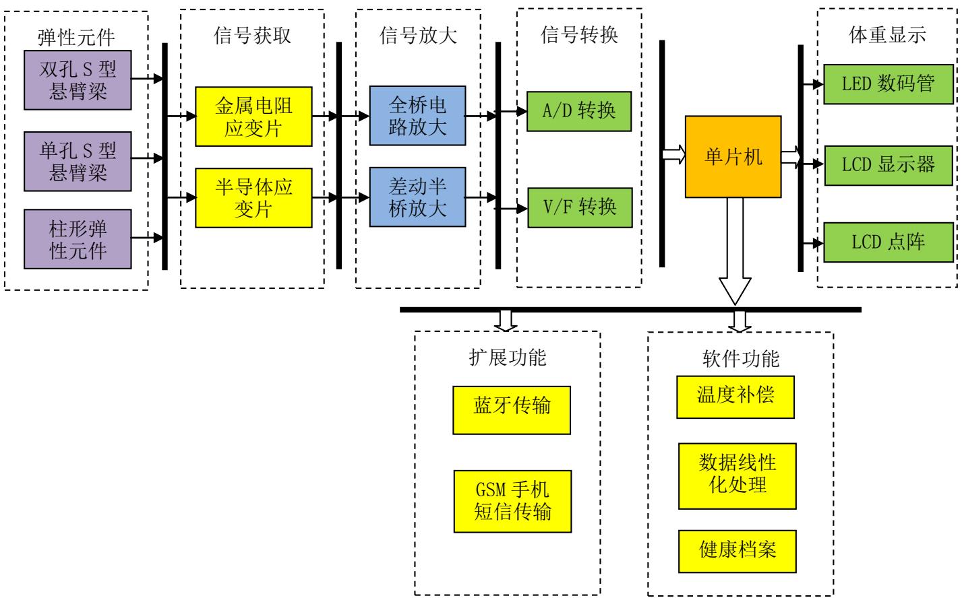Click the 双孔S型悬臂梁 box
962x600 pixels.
click(x=78, y=79)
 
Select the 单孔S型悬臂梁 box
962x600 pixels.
click(x=78, y=161)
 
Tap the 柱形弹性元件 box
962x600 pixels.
click(x=78, y=239)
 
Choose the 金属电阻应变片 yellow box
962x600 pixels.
click(x=253, y=116)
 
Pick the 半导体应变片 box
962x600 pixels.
click(x=253, y=198)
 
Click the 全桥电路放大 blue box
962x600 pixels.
click(x=417, y=115)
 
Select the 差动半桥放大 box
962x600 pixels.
click(x=417, y=196)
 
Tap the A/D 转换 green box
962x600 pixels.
click(x=578, y=110)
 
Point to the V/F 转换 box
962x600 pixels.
click(x=579, y=207)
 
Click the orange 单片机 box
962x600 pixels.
click(x=733, y=157)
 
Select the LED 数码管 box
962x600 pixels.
click(x=889, y=84)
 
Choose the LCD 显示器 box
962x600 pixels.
click(x=889, y=164)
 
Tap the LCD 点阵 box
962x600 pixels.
click(x=889, y=242)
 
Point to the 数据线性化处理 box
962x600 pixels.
click(x=737, y=475)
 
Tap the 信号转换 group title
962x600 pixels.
click(x=579, y=34)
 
